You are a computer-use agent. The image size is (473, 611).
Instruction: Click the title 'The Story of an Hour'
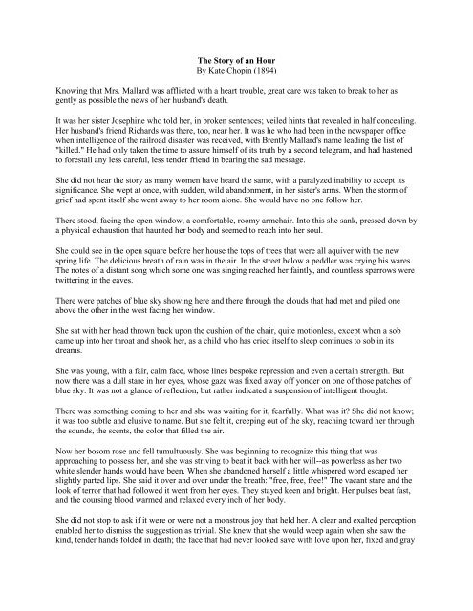coord(236,59)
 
